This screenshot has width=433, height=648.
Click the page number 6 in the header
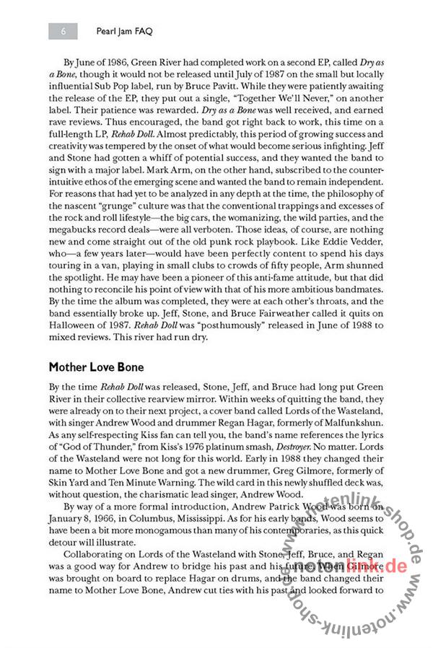[x=64, y=31]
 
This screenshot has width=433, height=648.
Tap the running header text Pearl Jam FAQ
[x=127, y=32]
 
